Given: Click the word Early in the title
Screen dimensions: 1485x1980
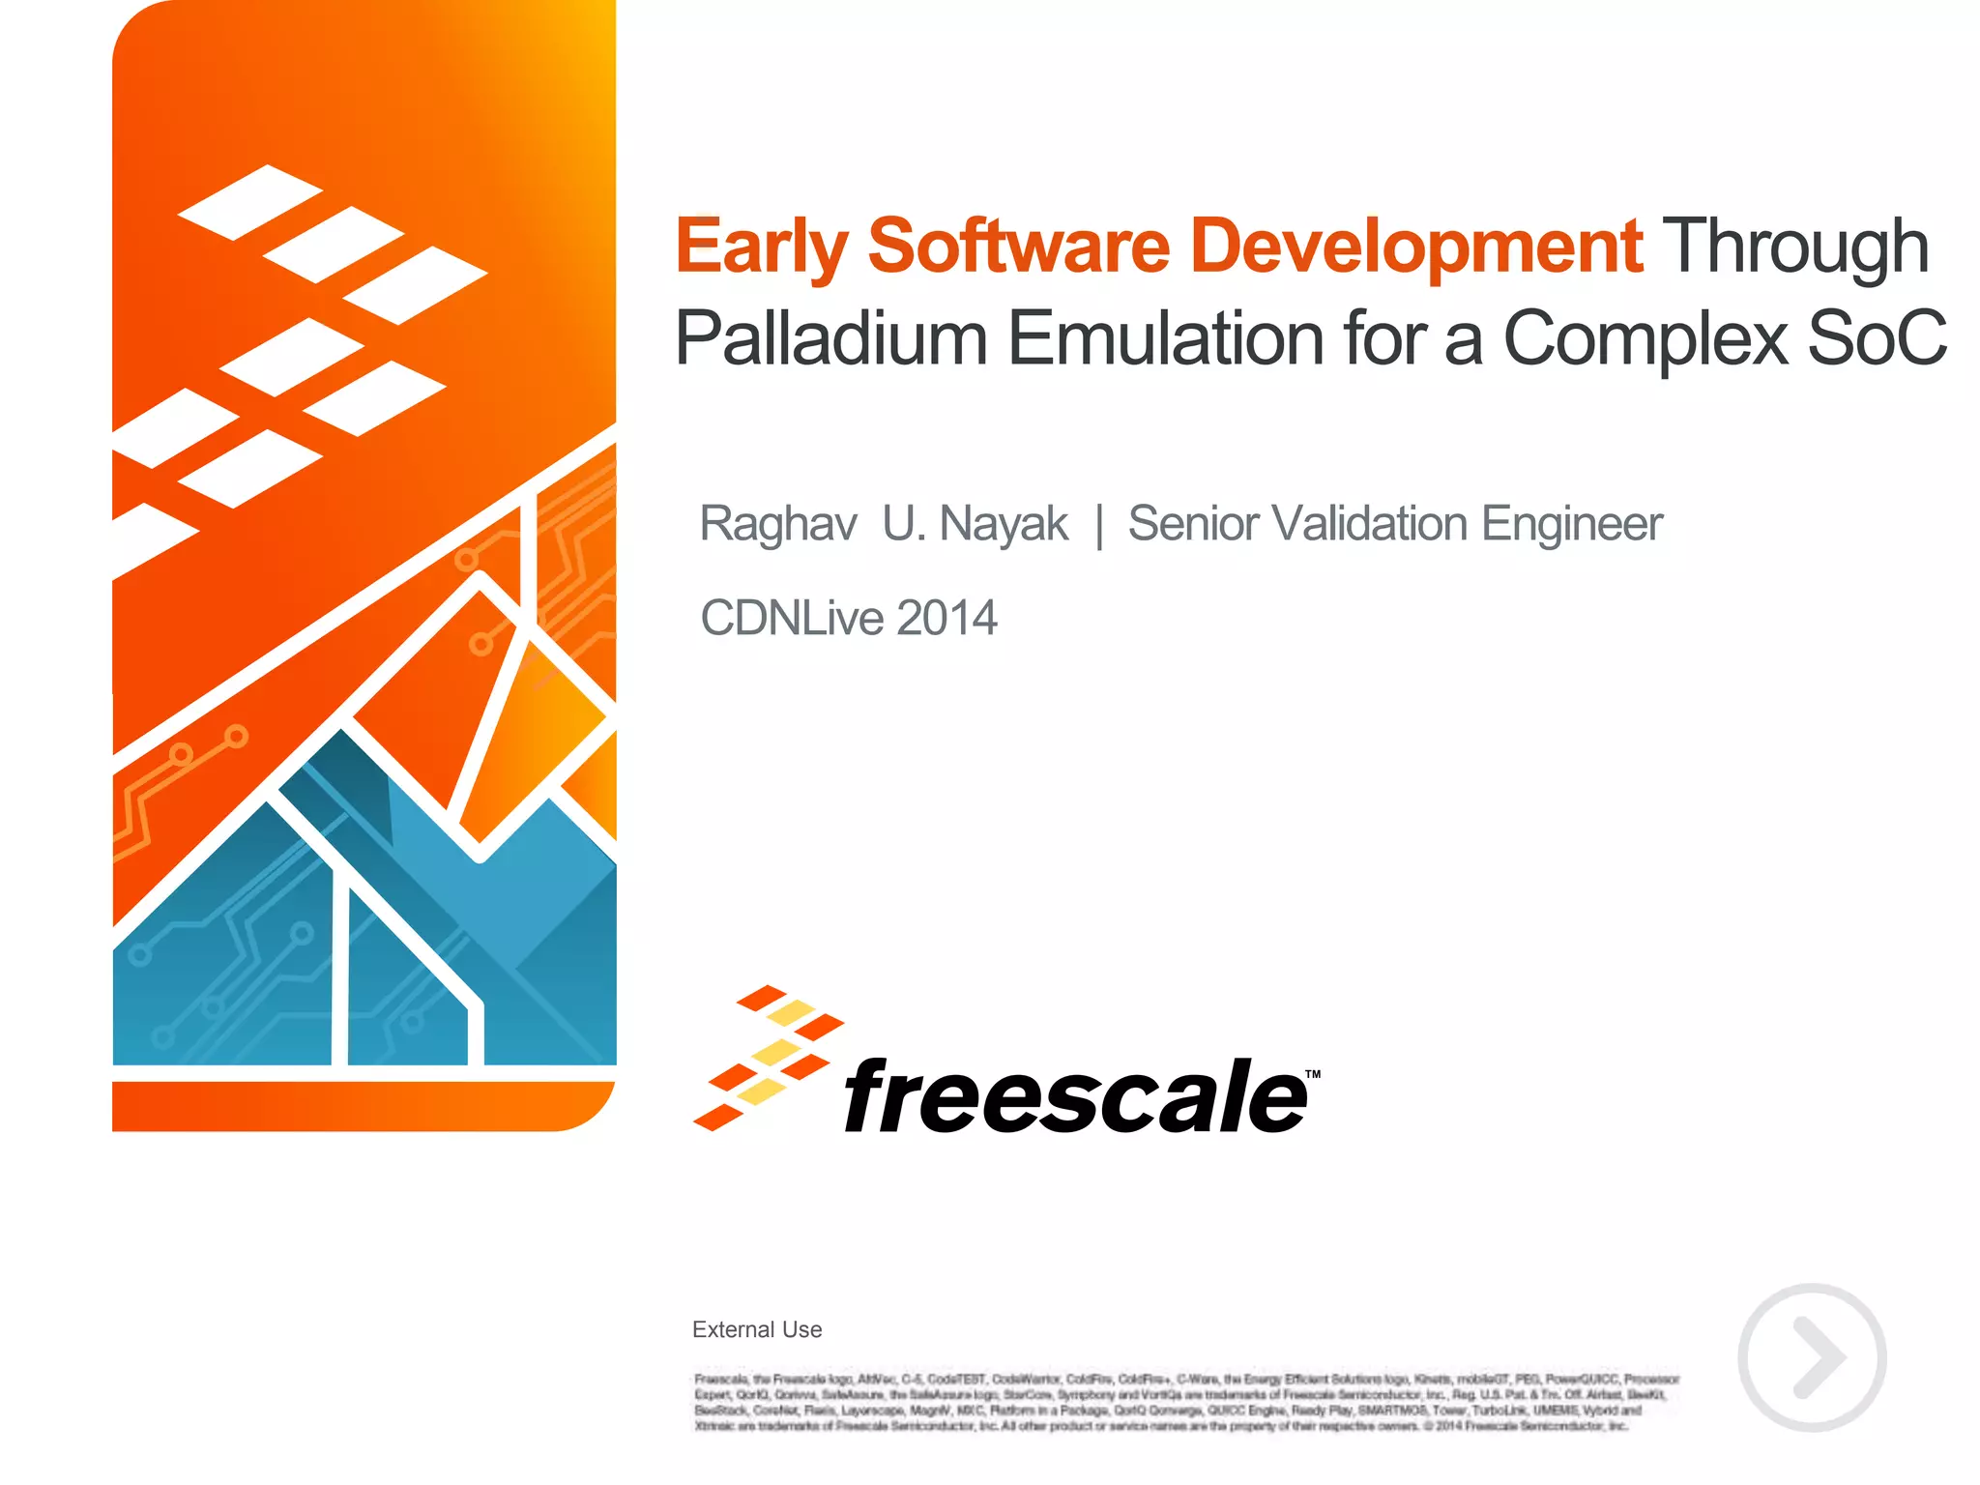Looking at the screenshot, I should pyautogui.click(x=761, y=247).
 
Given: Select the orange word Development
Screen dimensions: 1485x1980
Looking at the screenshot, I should pyautogui.click(x=1416, y=247).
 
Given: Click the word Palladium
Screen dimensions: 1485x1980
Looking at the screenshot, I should pyautogui.click(x=830, y=338).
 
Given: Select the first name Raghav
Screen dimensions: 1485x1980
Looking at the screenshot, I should pyautogui.click(x=778, y=524).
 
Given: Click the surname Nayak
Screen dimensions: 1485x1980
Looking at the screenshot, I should pyautogui.click(x=1004, y=524).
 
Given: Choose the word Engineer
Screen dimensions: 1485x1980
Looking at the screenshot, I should pyautogui.click(x=1572, y=524).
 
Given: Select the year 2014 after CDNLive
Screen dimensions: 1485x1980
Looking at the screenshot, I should pyautogui.click(x=946, y=618).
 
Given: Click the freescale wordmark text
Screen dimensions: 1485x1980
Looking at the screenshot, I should pyautogui.click(x=1075, y=1096).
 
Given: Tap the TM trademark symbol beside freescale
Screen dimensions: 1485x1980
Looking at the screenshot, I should pyautogui.click(x=1313, y=1074).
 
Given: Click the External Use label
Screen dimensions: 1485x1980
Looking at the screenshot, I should pyautogui.click(x=757, y=1329).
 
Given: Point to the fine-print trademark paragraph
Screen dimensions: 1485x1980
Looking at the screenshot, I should pyautogui.click(x=1186, y=1402).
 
